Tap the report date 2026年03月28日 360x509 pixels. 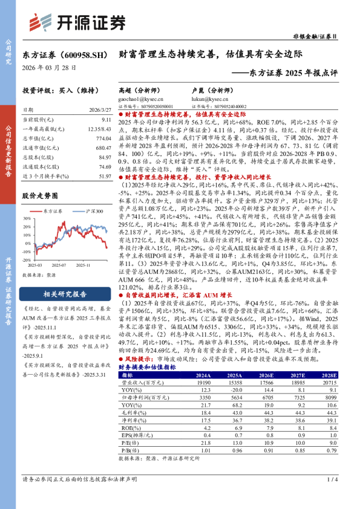[50, 68]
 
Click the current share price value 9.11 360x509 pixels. [106, 121]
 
